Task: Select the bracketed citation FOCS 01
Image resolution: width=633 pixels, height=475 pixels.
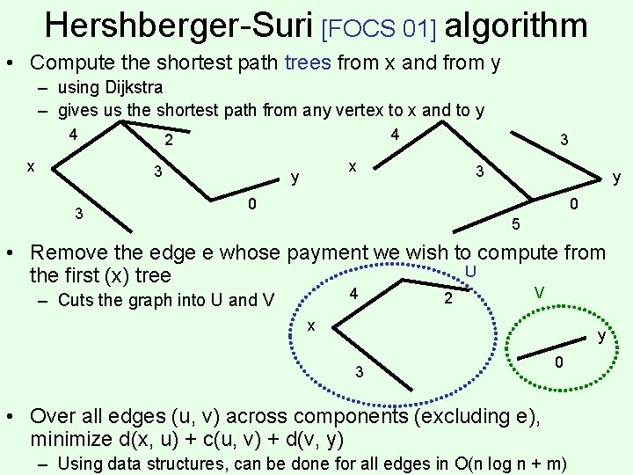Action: click(x=380, y=27)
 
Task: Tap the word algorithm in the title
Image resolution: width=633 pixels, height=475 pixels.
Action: click(x=516, y=26)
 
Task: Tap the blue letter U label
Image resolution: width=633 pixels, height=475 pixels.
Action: click(x=470, y=272)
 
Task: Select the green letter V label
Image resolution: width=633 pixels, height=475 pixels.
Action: click(x=539, y=290)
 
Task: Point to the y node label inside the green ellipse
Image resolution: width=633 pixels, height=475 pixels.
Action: click(x=602, y=335)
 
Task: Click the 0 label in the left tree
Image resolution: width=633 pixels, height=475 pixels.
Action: click(x=251, y=205)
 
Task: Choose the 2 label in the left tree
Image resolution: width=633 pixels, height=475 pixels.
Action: click(x=169, y=141)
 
